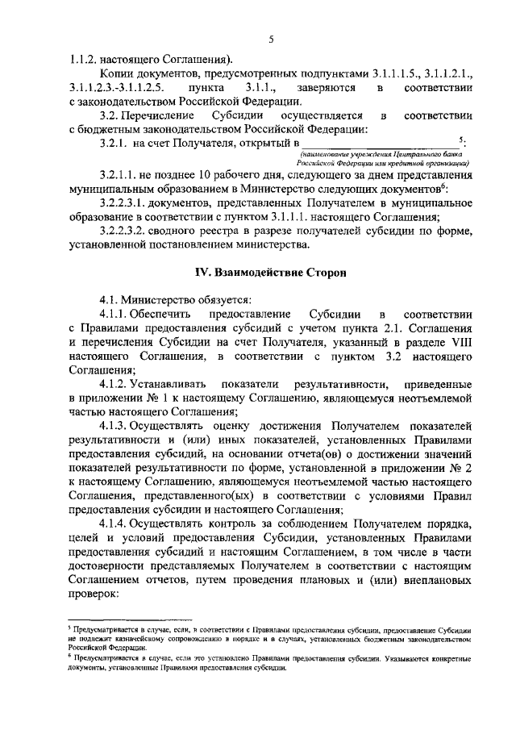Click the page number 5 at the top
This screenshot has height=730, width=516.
pos(272,41)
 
